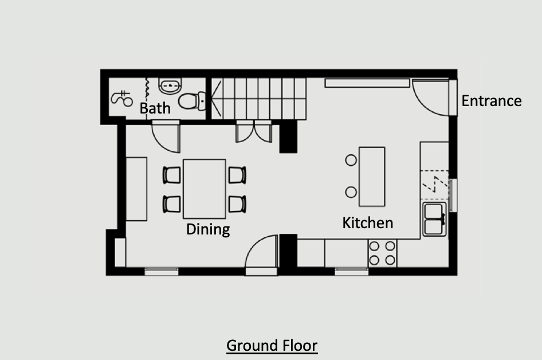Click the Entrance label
[x=492, y=101]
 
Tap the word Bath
[x=155, y=108]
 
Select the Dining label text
[x=208, y=229]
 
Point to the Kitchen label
[x=368, y=223]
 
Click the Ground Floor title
[x=272, y=346]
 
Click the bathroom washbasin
[x=170, y=85]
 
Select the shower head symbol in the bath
[x=122, y=98]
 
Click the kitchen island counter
[x=372, y=177]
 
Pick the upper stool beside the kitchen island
[x=351, y=160]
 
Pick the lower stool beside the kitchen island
[x=351, y=192]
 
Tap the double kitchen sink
[x=434, y=219]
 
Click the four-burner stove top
[x=382, y=253]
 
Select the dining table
[x=205, y=189]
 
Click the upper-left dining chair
[x=172, y=175]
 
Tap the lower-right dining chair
[x=237, y=204]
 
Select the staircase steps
[x=259, y=99]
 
